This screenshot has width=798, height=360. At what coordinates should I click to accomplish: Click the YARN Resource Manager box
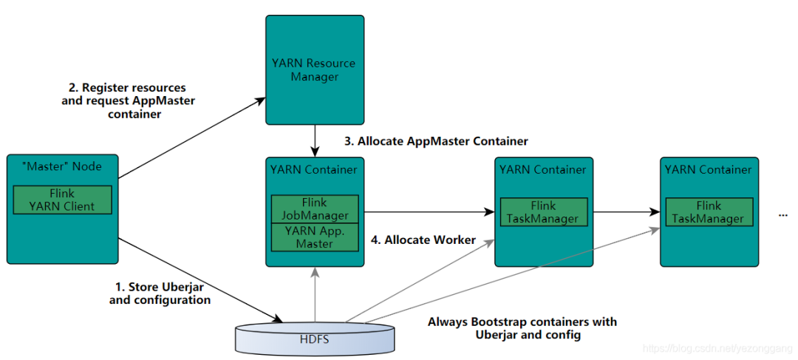pyautogui.click(x=315, y=70)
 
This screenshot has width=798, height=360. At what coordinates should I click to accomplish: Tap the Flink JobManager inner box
pyautogui.click(x=315, y=209)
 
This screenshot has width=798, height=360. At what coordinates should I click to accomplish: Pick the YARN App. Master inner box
pyautogui.click(x=315, y=236)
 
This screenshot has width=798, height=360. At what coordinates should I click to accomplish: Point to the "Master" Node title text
pyautogui.click(x=62, y=166)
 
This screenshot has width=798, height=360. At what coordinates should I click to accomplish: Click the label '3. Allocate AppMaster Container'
pyautogui.click(x=437, y=140)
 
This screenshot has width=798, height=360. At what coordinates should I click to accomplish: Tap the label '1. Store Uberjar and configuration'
pyautogui.click(x=160, y=293)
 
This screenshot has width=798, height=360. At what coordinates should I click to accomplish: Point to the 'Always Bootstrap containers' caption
pyautogui.click(x=522, y=328)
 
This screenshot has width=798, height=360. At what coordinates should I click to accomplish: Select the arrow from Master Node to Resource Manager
pyautogui.click(x=192, y=137)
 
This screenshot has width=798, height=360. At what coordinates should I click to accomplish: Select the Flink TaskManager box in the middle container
pyautogui.click(x=544, y=212)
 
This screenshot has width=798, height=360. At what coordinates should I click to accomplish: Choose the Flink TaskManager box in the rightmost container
pyautogui.click(x=709, y=212)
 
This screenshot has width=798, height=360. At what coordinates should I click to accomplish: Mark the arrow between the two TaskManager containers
pyautogui.click(x=626, y=212)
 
